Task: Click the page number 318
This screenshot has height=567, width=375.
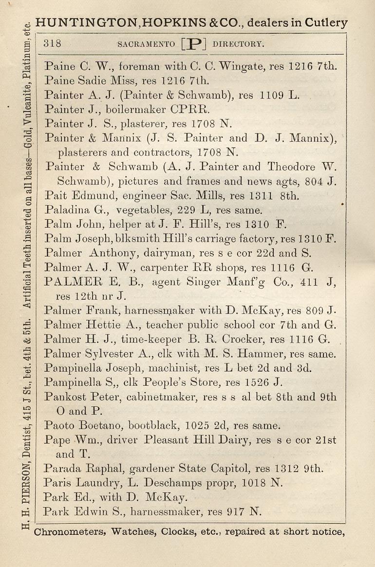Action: tap(52, 43)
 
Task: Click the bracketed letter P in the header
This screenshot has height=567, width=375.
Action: tap(194, 43)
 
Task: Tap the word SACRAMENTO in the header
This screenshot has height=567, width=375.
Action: tap(146, 44)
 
